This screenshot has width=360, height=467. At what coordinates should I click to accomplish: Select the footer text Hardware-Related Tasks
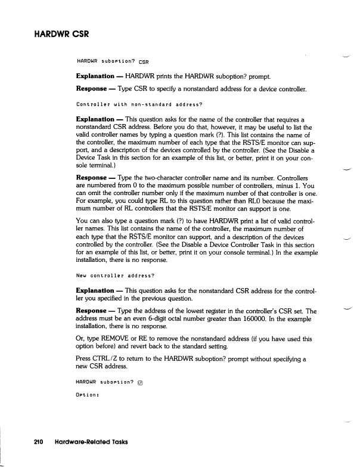pyautogui.click(x=92, y=442)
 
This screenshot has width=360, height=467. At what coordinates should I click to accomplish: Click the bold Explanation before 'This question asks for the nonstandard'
pyautogui.click(x=95, y=290)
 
